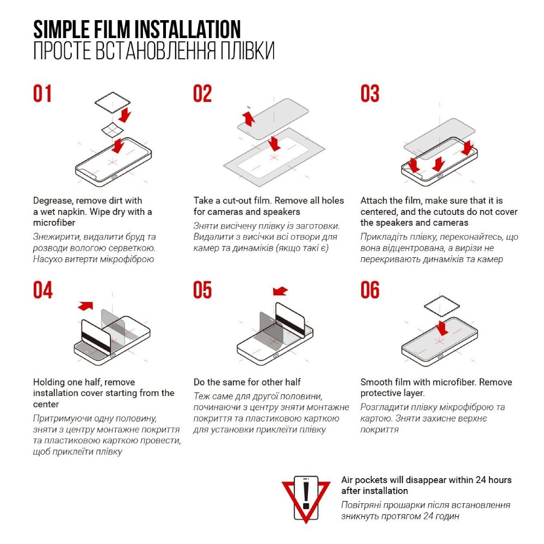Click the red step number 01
[42, 94]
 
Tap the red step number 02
[202, 94]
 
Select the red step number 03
[370, 94]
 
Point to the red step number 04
[42, 290]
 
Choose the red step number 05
[202, 290]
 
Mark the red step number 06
[370, 290]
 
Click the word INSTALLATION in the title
[188, 29]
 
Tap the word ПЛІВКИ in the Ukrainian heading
[248, 51]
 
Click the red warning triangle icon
[306, 499]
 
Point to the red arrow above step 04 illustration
[86, 306]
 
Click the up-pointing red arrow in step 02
[249, 119]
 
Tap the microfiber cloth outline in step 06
[442, 306]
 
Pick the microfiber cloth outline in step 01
[113, 103]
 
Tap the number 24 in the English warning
[480, 480]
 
